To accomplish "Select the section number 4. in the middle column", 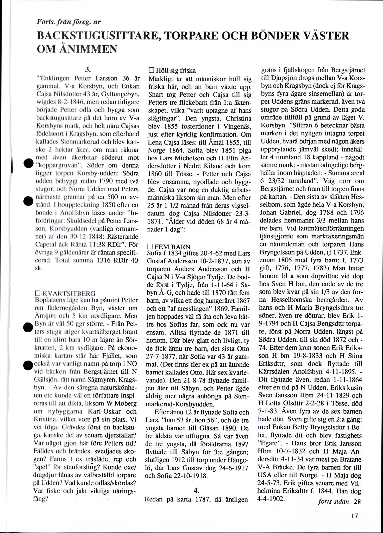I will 197,491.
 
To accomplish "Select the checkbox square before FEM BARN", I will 150,247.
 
